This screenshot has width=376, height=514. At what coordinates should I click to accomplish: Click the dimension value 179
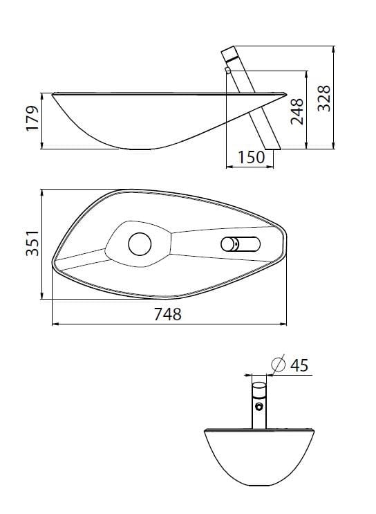coord(31,120)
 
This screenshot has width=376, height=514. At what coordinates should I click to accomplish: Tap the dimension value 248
coord(297,109)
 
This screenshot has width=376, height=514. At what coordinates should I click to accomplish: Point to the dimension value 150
coord(251,158)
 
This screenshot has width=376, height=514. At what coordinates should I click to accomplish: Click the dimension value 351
coord(31,244)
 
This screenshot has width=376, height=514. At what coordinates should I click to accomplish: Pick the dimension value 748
coord(167,314)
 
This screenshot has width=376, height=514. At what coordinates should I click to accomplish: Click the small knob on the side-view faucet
coord(228,69)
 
